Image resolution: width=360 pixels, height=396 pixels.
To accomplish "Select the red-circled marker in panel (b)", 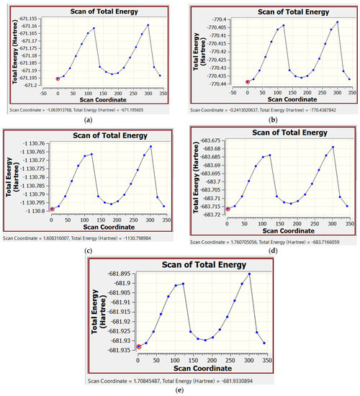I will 248,82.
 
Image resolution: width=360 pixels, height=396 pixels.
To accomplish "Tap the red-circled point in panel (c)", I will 52,210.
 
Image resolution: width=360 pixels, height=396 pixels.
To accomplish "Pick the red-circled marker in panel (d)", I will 228,209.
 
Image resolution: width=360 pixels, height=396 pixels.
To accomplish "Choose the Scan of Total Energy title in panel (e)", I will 200,263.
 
